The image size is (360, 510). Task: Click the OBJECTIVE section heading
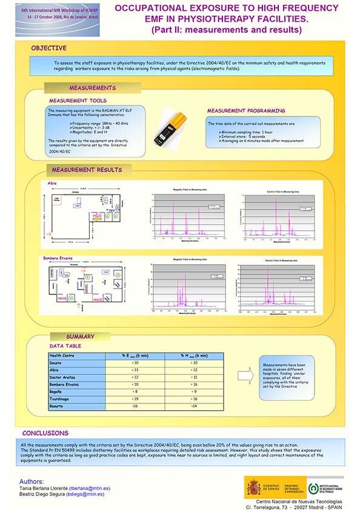point(48,48)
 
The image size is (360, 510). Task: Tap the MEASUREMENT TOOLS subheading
point(78,101)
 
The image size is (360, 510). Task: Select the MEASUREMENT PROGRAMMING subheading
point(245,111)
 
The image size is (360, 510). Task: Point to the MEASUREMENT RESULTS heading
point(87,170)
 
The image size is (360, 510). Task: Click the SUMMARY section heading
point(80,337)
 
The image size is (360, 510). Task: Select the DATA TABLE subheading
point(65,345)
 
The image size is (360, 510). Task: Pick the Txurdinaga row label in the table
point(61,399)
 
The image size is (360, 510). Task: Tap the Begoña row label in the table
point(57,392)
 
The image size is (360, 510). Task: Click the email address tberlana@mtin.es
point(90,488)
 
